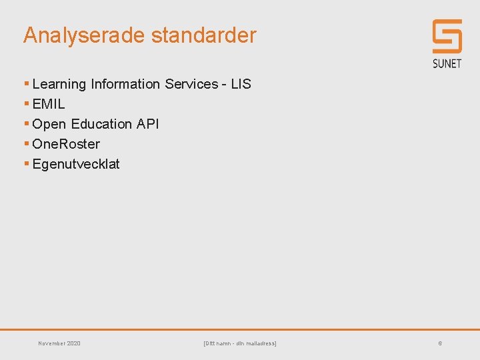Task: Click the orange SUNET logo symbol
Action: (447, 36)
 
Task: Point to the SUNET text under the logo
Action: (447, 63)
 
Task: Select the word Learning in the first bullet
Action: (59, 84)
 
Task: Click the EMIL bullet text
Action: (49, 104)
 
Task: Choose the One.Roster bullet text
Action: (66, 144)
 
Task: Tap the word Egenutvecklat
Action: (76, 164)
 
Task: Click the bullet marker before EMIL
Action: (26, 104)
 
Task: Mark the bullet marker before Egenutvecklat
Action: (26, 164)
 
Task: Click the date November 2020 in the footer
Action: (59, 343)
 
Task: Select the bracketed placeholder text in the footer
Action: (239, 343)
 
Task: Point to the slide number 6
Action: (440, 343)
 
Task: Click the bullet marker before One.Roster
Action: (26, 144)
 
